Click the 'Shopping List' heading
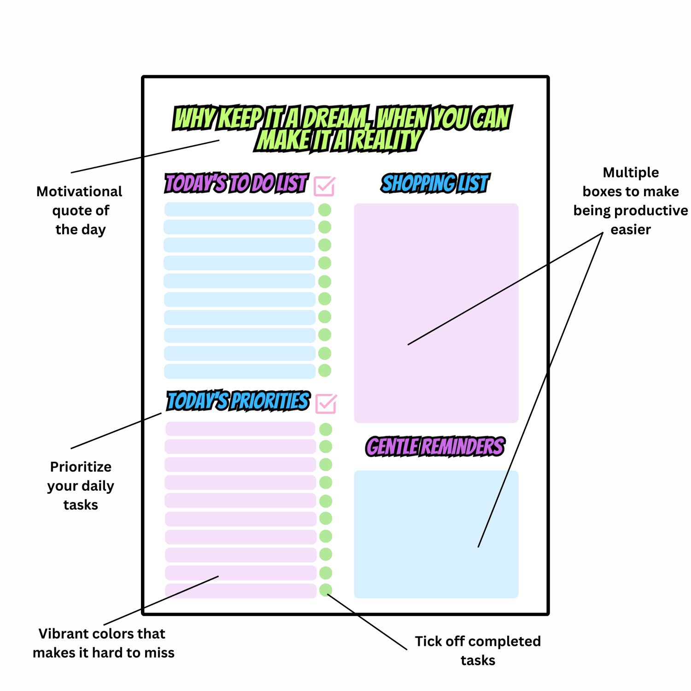[x=435, y=183]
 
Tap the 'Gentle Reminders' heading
[x=435, y=447]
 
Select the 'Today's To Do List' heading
[x=236, y=183]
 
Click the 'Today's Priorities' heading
[x=238, y=401]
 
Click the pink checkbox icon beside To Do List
[x=324, y=186]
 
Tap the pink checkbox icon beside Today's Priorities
[x=326, y=404]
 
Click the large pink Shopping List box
[x=436, y=276]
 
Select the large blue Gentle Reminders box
[x=436, y=534]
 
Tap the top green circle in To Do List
[x=325, y=210]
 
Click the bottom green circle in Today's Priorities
[x=326, y=590]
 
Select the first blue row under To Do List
[x=239, y=209]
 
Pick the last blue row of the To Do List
[x=240, y=371]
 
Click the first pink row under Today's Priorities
[x=240, y=429]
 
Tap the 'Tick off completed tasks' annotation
[x=478, y=650]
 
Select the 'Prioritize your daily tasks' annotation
[x=81, y=486]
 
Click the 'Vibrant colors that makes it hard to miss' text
[x=103, y=643]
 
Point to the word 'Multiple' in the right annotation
[x=631, y=173]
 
